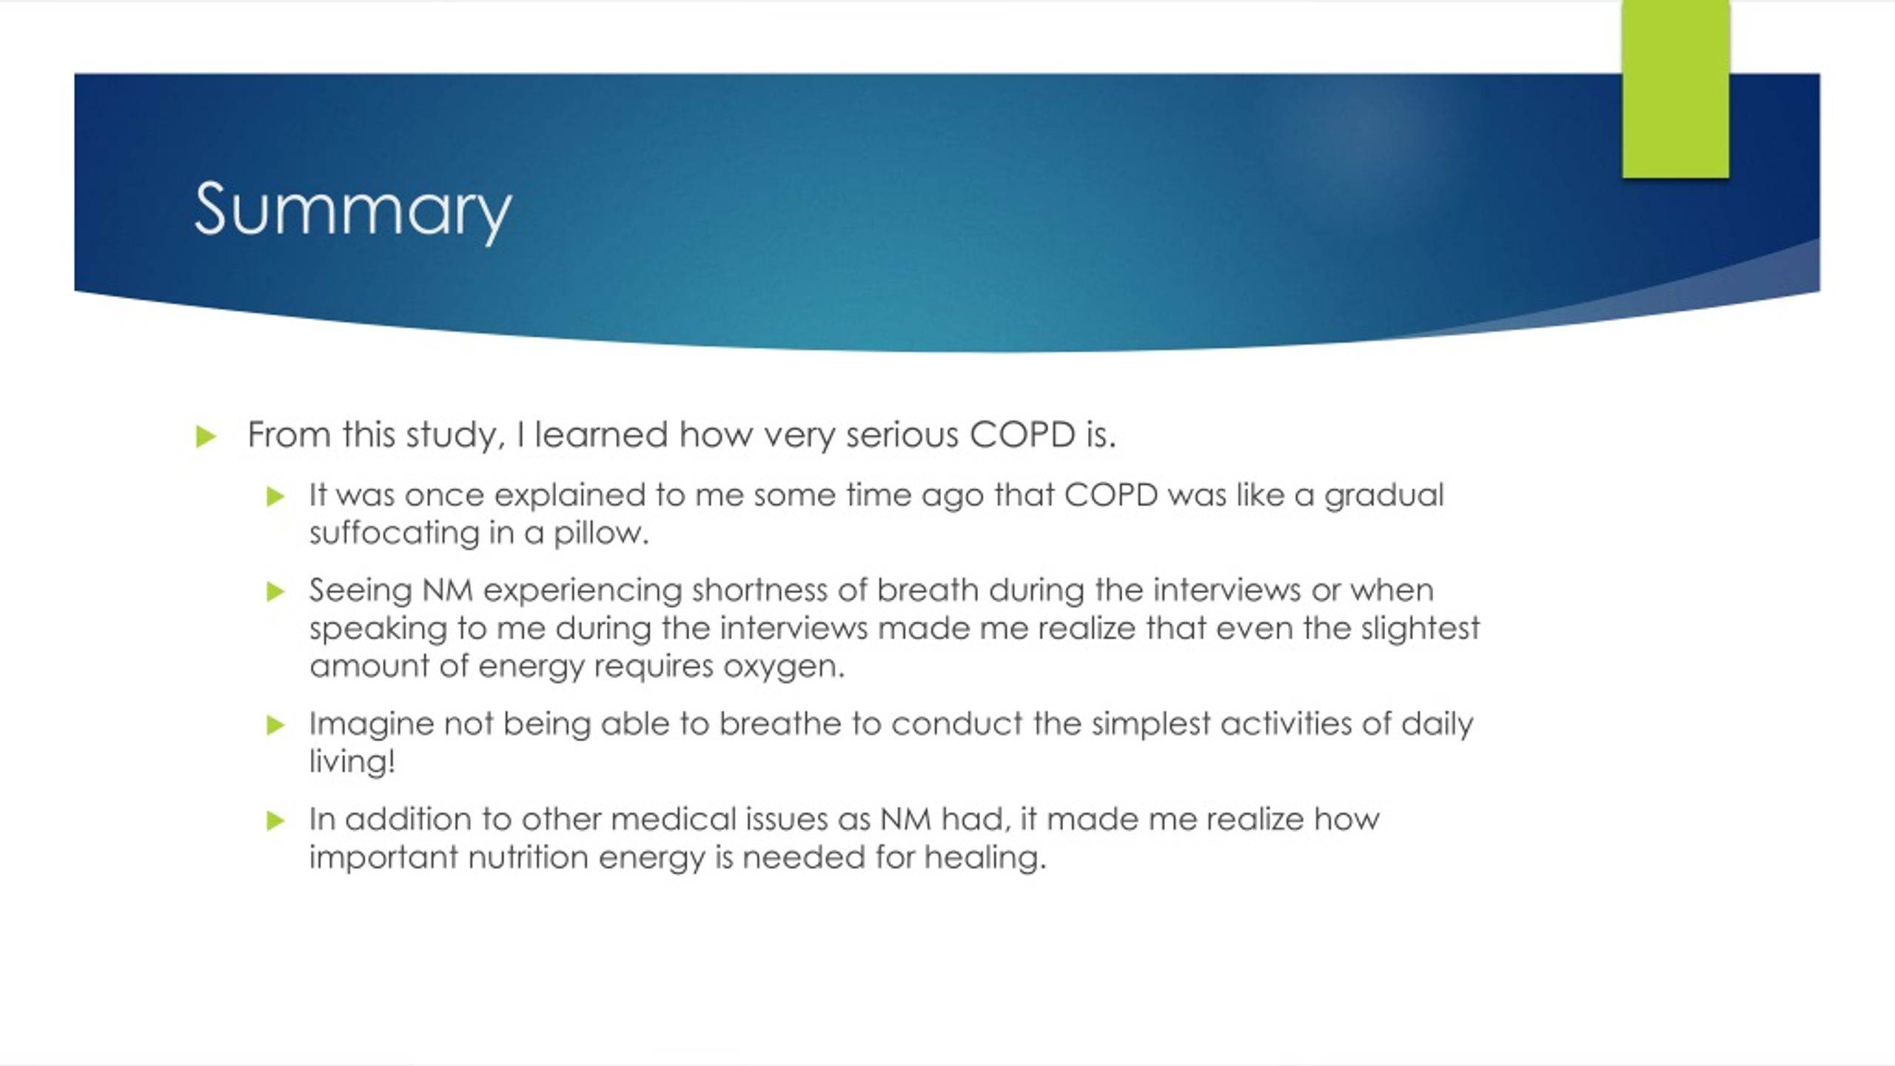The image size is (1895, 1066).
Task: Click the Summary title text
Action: click(352, 210)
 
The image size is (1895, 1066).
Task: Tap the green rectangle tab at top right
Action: click(1675, 89)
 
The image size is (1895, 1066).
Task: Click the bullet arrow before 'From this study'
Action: click(206, 436)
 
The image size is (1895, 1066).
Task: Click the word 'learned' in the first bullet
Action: click(601, 435)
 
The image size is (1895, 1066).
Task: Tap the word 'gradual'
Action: click(1383, 495)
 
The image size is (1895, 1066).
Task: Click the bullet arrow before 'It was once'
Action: click(275, 496)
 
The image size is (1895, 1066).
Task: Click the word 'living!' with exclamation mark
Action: click(352, 762)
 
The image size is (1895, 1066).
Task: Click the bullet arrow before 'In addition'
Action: click(275, 820)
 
